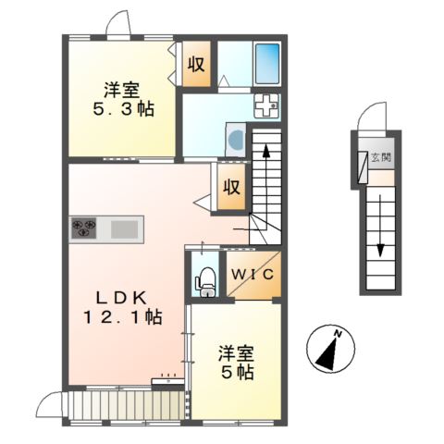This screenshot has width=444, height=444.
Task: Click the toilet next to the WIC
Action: (x=205, y=279)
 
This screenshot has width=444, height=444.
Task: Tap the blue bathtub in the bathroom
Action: (x=266, y=64)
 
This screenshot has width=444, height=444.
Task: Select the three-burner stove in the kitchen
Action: (x=83, y=228)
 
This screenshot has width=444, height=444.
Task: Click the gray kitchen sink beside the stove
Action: (x=125, y=228)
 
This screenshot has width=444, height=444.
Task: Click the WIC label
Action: (x=251, y=275)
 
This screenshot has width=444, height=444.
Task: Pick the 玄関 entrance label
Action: (x=380, y=158)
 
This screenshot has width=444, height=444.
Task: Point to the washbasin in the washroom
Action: (x=234, y=142)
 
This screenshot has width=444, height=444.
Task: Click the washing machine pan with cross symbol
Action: (x=267, y=105)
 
